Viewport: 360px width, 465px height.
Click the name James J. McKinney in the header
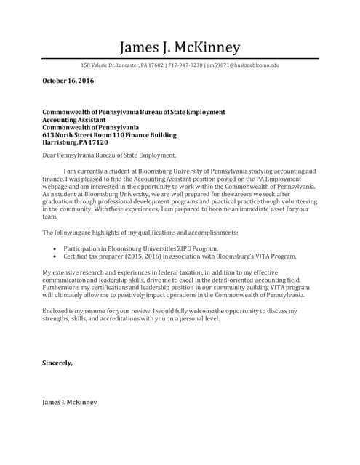click(180, 47)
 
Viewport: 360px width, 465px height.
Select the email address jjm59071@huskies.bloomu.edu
click(243, 65)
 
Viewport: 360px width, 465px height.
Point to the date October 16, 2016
click(68, 80)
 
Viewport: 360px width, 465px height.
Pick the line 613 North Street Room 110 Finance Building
click(109, 136)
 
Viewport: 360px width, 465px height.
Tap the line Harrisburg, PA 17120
click(76, 144)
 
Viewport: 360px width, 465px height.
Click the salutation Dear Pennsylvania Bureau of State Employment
click(109, 155)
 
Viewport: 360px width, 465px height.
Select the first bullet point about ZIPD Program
click(131, 248)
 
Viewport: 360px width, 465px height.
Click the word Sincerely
click(57, 362)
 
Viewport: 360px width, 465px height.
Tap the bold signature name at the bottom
click(69, 402)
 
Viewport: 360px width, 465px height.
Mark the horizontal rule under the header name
click(180, 57)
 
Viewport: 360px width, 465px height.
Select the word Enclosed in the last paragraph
click(56, 311)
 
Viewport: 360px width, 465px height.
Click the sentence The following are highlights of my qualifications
click(140, 232)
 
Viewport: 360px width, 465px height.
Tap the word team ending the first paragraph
click(50, 217)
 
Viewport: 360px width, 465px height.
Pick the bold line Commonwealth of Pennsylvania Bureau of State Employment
click(134, 113)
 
